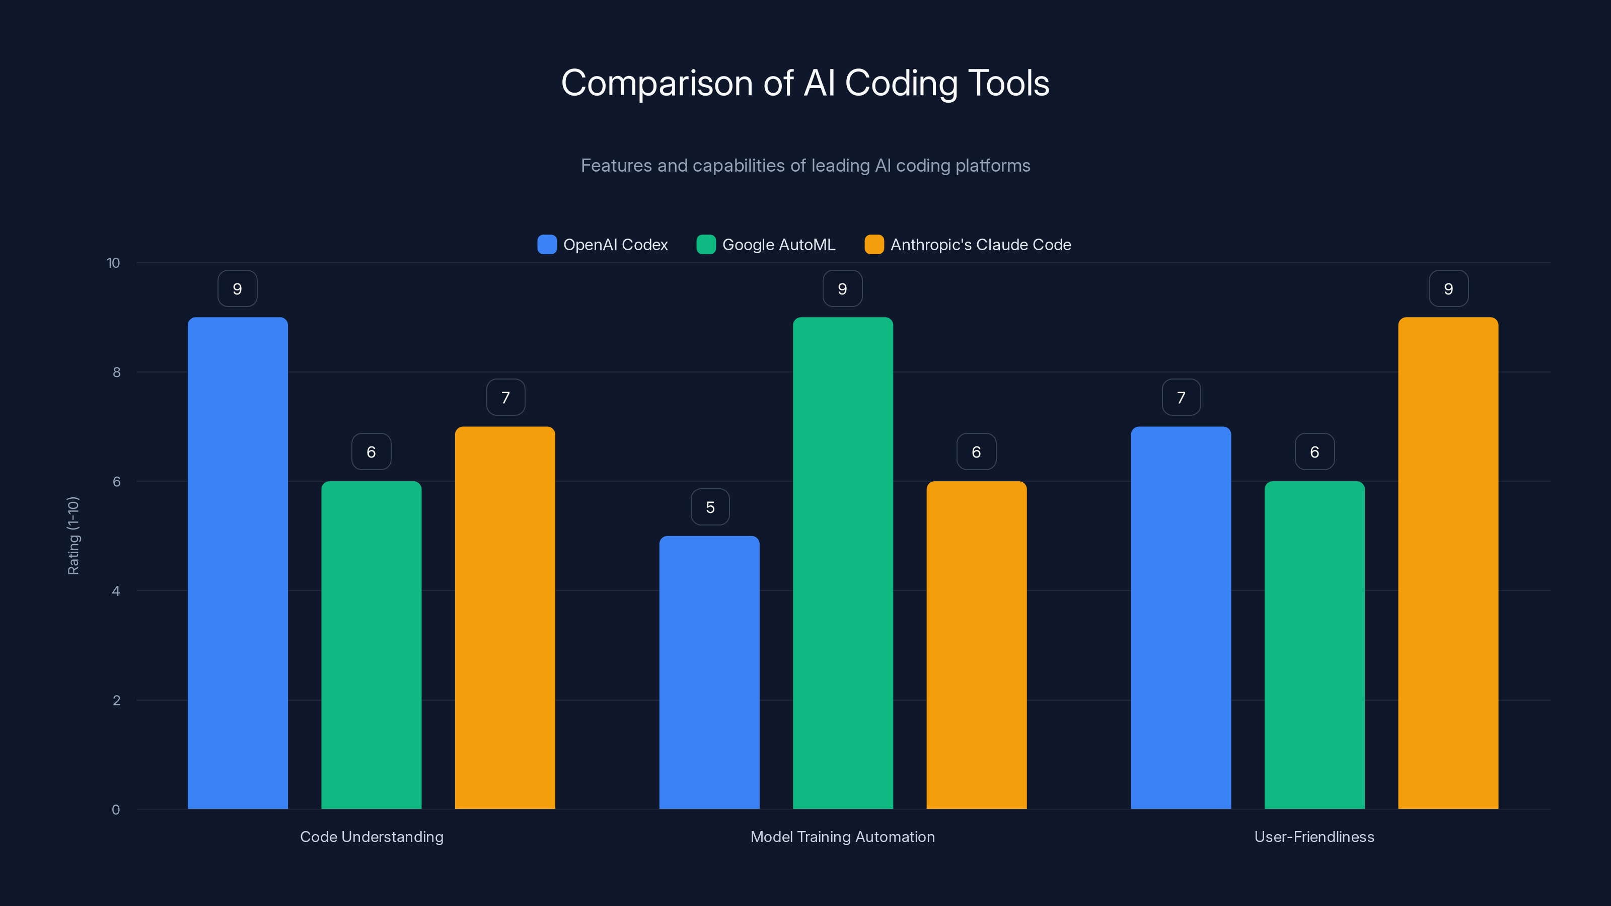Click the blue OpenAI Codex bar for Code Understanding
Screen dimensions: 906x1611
[238, 563]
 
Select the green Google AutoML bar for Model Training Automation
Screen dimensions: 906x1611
[842, 563]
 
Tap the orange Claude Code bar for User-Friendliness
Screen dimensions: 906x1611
[1448, 563]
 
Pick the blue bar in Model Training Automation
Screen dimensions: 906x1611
[709, 672]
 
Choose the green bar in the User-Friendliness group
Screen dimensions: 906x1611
[1314, 645]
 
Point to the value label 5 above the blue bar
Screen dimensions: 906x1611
[710, 507]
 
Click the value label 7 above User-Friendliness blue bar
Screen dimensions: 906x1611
[1181, 398]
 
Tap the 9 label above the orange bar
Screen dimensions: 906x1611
[1448, 289]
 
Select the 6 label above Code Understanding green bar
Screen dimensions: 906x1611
[371, 452]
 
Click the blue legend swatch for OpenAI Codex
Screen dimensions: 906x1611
[547, 245]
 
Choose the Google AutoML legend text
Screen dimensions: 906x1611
[779, 245]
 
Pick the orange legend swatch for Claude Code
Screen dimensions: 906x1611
[873, 245]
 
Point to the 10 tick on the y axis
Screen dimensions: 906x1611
[113, 263]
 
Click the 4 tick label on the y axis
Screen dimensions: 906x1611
[116, 591]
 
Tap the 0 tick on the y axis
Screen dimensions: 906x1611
[116, 810]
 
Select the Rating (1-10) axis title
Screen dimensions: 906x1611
[73, 536]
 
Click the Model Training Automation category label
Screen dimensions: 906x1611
[842, 837]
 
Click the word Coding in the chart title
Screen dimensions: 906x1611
[901, 83]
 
